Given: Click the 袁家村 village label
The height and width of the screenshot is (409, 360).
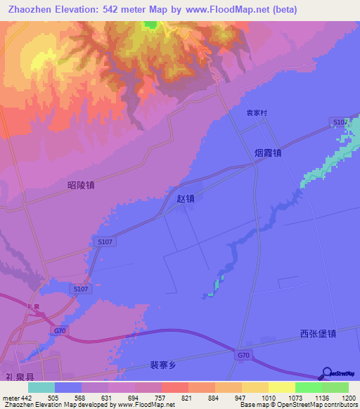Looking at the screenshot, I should point(257,112).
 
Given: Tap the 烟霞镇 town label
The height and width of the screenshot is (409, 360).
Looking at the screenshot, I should point(268,152).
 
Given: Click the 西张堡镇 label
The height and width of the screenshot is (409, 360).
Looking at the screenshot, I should point(318,334).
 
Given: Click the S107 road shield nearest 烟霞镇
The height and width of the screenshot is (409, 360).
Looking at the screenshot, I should point(340,123).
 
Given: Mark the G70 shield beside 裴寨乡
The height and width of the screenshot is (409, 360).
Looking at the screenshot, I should point(243,356).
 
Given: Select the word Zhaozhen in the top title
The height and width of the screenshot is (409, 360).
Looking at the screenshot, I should point(32,10).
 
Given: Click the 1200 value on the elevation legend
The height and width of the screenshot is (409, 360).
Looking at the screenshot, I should point(349,398).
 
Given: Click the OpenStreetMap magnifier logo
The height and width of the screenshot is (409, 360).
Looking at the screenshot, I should point(326,375).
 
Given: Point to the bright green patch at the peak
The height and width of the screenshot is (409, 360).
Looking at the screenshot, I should point(150,25).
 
